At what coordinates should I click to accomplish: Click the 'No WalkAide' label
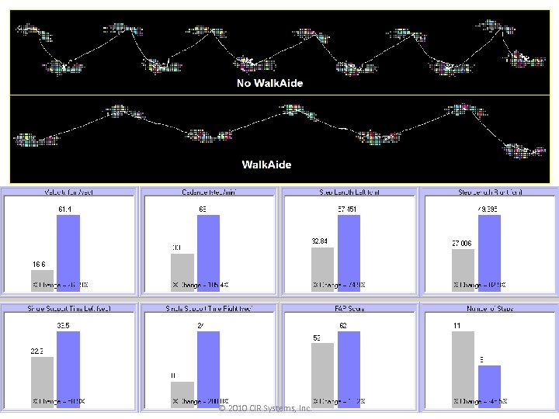pyautogui.click(x=269, y=83)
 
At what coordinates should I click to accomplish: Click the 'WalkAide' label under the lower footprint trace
pyautogui.click(x=266, y=164)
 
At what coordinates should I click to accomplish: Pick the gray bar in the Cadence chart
pyautogui.click(x=182, y=272)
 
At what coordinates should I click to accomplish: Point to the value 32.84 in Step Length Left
pyautogui.click(x=321, y=241)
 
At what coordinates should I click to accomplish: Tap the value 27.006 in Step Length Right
pyautogui.click(x=463, y=243)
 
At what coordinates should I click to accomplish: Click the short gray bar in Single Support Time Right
pyautogui.click(x=182, y=394)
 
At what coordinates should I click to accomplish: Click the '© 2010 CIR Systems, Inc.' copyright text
pyautogui.click(x=266, y=408)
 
